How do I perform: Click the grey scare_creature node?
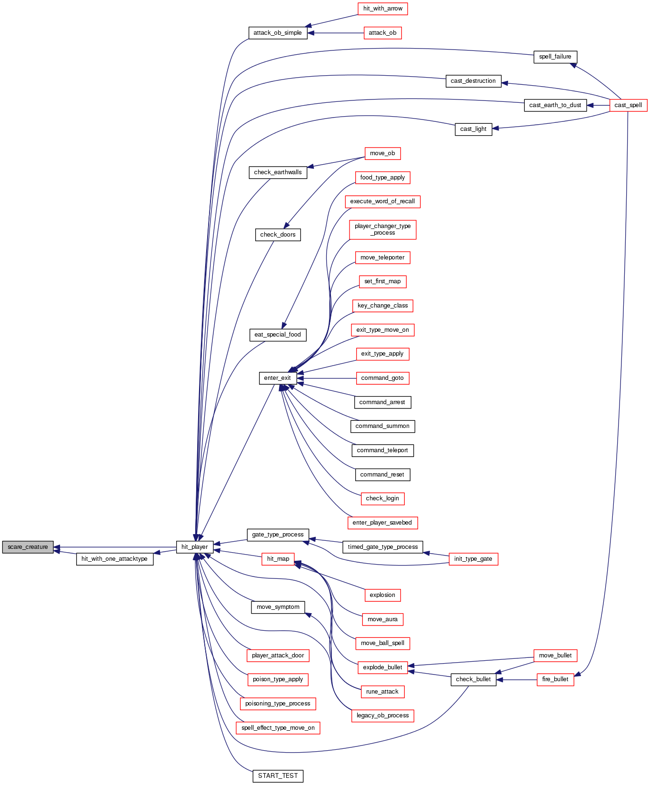28,547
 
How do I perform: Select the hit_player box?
194,547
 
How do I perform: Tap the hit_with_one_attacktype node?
115,559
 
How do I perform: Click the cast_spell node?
628,105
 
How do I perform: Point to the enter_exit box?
278,378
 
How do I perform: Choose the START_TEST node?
278,776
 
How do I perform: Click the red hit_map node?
278,559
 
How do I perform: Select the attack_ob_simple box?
278,33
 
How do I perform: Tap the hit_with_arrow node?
382,9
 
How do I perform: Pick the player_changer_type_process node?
382,229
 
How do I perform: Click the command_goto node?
382,378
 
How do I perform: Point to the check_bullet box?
473,679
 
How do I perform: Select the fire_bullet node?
555,679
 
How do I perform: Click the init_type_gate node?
473,559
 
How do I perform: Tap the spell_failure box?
555,57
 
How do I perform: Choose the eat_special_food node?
278,335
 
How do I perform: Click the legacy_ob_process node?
382,715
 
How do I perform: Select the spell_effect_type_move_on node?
278,728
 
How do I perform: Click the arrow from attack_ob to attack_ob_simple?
336,33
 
